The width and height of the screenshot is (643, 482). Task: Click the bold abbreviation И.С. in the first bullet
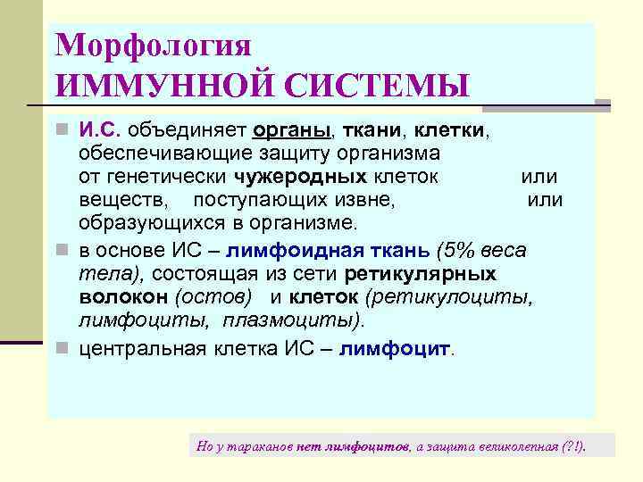100,130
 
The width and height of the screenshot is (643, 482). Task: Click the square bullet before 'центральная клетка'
62,349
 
